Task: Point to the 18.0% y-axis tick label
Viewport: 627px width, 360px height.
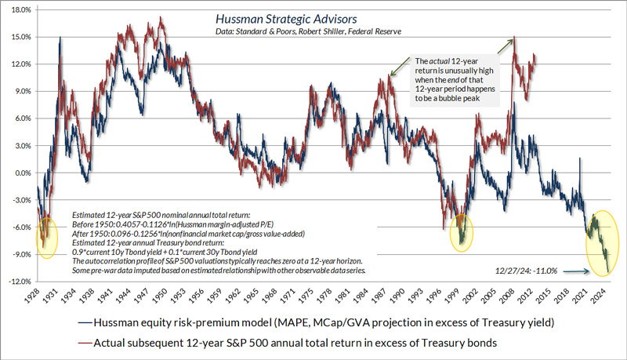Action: pos(17,10)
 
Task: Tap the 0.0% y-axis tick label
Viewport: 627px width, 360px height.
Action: pos(19,173)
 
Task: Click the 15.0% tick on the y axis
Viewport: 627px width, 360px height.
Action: pos(17,37)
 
